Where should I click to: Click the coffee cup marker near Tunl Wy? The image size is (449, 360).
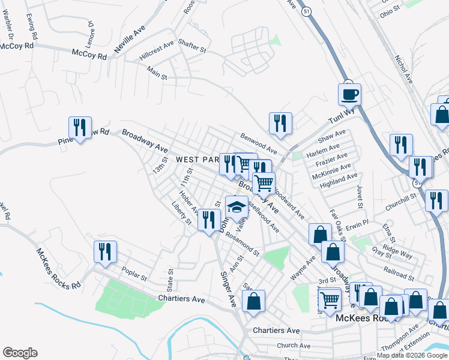pos(349,94)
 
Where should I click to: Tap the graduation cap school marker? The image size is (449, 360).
pos(237,208)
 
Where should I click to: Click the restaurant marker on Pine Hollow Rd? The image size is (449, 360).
pos(80,128)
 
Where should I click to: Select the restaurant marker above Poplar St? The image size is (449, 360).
pos(105,253)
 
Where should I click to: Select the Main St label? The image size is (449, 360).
pos(157,73)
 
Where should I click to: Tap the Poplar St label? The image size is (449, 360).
pos(134,274)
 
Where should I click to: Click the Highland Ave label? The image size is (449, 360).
pos(339,179)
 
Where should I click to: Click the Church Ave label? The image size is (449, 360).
pos(294,346)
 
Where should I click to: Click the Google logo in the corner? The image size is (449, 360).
pos(20,353)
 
